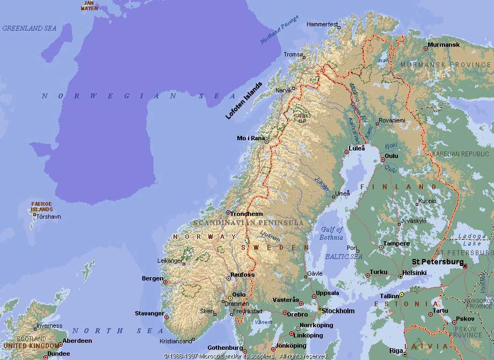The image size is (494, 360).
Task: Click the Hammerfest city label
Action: click(322, 24)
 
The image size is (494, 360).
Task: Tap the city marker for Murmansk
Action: click(426, 48)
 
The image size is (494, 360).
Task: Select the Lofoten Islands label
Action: click(244, 100)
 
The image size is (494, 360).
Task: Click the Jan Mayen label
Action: click(90, 5)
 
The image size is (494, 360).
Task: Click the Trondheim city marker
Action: click(228, 213)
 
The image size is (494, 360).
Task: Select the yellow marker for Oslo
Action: click(230, 298)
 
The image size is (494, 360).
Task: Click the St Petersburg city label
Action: click(437, 262)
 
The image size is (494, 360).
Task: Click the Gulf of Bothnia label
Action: click(331, 233)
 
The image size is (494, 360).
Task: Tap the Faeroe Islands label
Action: click(41, 206)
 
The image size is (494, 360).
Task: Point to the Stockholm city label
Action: click(338, 311)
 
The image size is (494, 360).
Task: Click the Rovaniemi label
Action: click(391, 120)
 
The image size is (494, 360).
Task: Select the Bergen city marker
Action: click(165, 282)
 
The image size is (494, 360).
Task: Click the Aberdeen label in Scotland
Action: click(77, 341)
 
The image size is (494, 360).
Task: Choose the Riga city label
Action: click(396, 350)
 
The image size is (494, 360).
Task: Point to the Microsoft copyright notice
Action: click(247, 356)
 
